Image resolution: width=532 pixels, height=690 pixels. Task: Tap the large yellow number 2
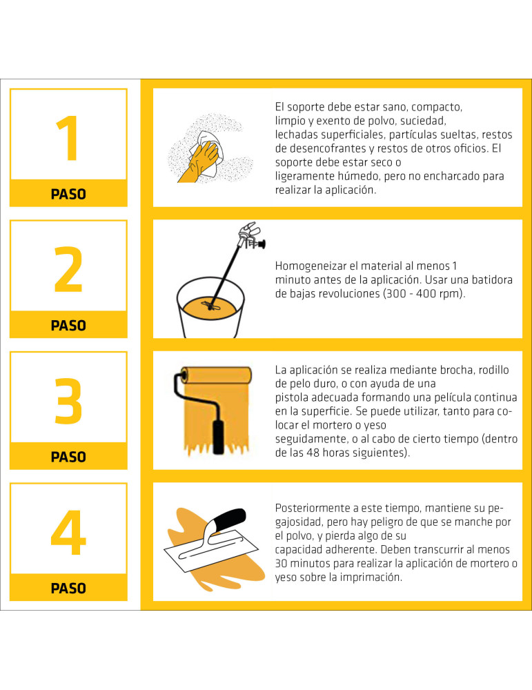coord(68,269)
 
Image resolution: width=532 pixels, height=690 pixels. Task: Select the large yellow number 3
coord(68,401)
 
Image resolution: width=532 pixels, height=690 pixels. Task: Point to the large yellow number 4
coord(68,533)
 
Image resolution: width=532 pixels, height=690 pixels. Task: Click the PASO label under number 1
coord(68,194)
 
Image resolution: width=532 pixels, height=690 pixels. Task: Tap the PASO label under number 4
coord(68,589)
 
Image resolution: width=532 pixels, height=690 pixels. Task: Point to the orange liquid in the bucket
coord(210,307)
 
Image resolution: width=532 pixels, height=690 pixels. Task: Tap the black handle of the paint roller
coord(218,437)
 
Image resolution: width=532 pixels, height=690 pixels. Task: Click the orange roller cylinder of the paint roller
coord(217,375)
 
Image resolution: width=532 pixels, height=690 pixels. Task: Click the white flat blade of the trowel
coord(212,551)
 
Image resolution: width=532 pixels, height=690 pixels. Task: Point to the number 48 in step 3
coord(313,453)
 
